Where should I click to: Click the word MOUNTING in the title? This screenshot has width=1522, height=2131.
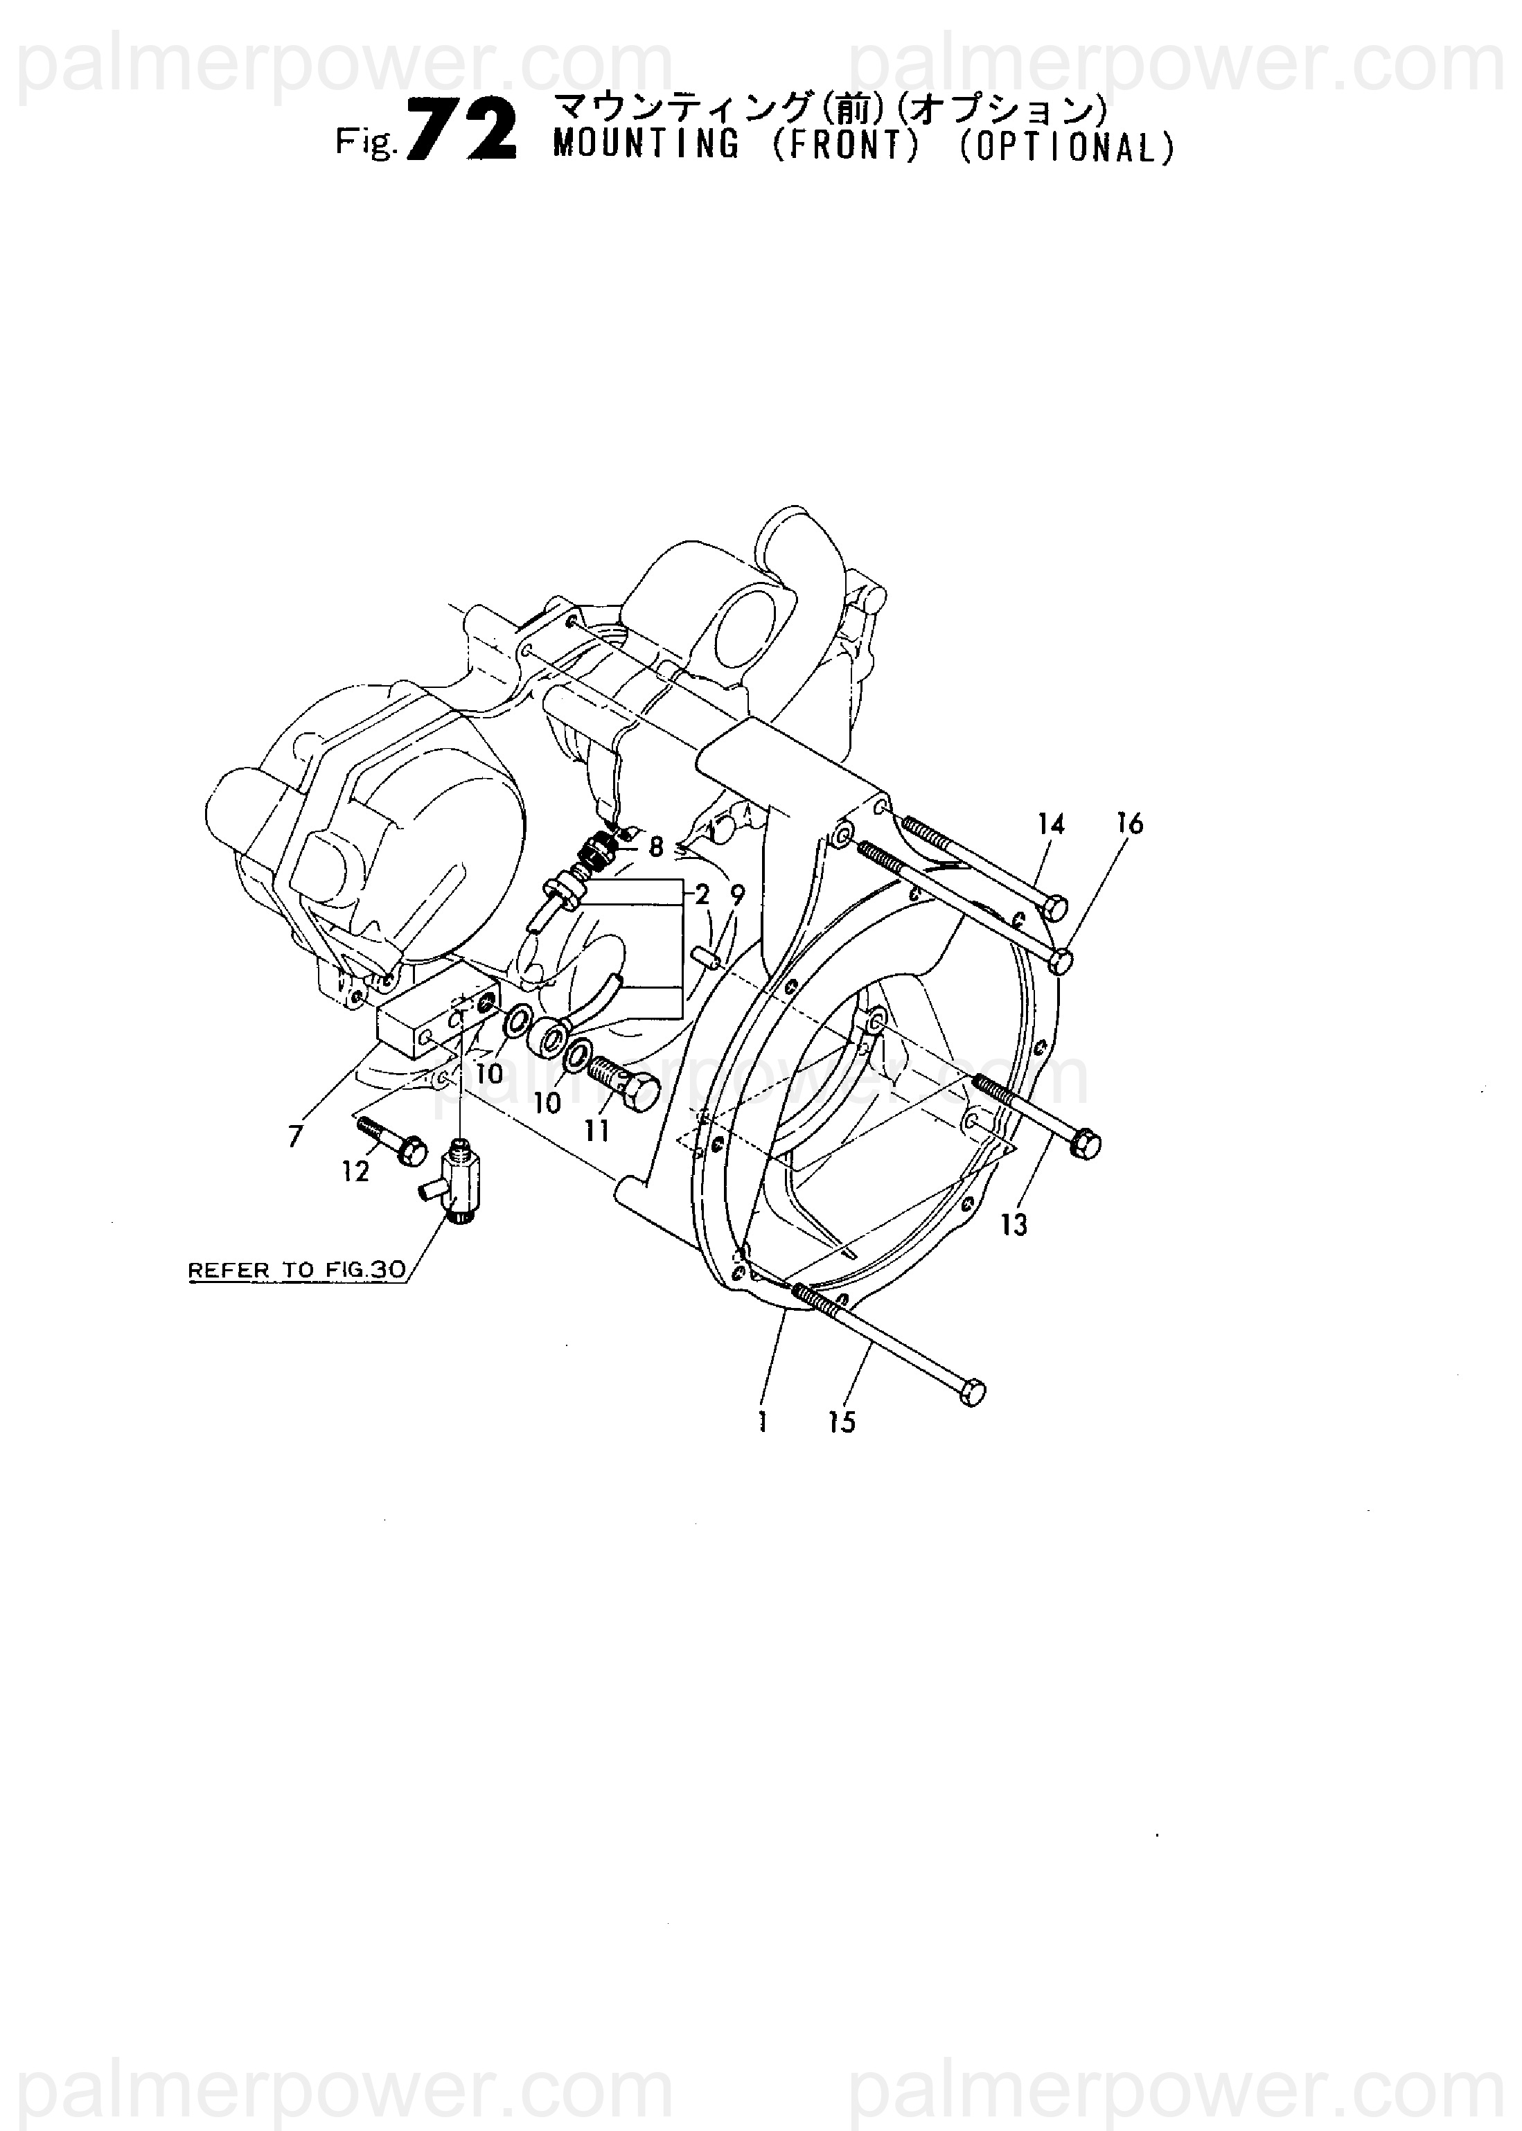[646, 145]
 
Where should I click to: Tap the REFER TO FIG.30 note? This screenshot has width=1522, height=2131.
[297, 1271]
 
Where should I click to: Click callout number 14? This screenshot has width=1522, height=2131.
[1052, 824]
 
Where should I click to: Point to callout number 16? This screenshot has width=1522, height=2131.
[1131, 823]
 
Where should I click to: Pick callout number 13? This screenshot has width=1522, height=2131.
[1014, 1225]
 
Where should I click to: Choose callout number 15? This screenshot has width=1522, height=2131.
[842, 1422]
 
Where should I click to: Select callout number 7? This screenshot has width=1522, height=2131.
[296, 1137]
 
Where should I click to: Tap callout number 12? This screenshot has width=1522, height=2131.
[355, 1171]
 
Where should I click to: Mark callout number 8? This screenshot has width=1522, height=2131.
[656, 847]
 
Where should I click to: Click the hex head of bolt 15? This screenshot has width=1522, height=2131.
[974, 1392]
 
